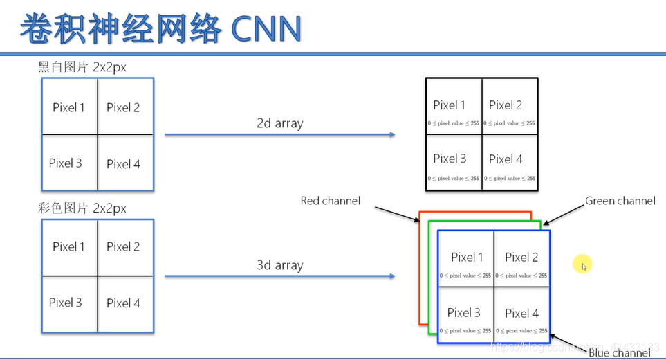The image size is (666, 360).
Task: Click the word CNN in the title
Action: click(266, 28)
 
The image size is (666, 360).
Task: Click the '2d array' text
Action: click(280, 123)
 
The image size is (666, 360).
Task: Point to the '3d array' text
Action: click(280, 265)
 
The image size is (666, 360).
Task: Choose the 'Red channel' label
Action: click(330, 201)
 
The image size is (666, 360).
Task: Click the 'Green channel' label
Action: click(620, 201)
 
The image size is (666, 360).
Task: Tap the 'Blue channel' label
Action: click(619, 352)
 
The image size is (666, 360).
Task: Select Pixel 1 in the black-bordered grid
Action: click(450, 105)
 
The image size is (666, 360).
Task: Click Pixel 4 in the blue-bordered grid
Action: click(521, 313)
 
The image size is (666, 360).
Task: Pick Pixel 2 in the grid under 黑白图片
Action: click(123, 107)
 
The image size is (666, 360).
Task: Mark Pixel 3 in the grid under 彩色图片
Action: click(66, 303)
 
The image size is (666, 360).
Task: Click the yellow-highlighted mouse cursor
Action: click(583, 265)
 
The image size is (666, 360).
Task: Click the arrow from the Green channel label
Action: click(562, 215)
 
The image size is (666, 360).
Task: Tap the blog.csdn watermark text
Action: click(574, 346)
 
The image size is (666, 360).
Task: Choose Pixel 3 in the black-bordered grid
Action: click(450, 159)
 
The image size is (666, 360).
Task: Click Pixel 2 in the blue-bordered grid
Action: click(521, 258)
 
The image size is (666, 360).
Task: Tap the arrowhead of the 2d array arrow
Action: click(391, 134)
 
